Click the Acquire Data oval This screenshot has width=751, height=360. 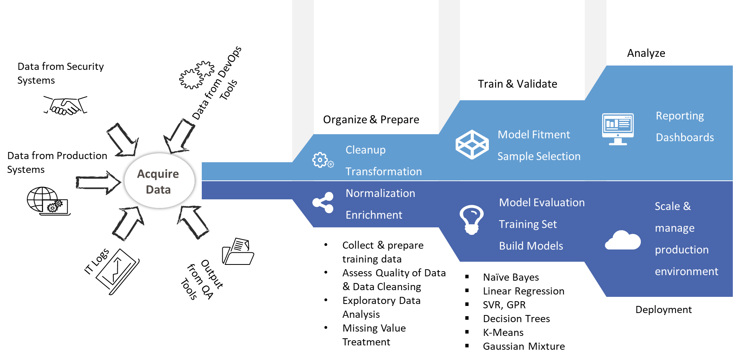click(x=160, y=181)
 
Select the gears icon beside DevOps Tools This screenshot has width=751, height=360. click(x=197, y=75)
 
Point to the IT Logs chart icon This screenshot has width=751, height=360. click(x=118, y=272)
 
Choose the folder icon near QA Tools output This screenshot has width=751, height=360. click(x=238, y=251)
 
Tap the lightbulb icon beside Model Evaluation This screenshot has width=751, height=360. click(x=471, y=219)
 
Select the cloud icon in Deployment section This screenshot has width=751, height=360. click(x=623, y=240)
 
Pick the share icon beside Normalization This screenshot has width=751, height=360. click(x=323, y=203)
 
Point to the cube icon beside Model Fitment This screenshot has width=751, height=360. click(x=472, y=144)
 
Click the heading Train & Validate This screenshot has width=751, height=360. click(x=517, y=84)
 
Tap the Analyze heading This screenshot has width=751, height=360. click(x=646, y=53)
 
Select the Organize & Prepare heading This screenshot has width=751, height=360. click(x=371, y=120)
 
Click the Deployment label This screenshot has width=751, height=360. click(x=663, y=310)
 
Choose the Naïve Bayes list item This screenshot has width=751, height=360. click(x=511, y=277)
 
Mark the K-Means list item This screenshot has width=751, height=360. click(x=503, y=333)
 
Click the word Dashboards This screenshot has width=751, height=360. click(x=685, y=137)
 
